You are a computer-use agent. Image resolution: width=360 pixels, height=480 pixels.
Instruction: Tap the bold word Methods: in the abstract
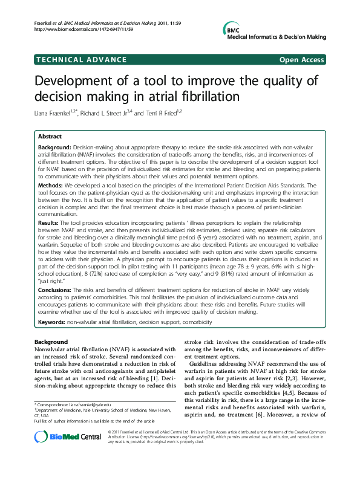[53, 185]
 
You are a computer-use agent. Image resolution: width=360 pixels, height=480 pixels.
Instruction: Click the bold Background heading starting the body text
[51, 342]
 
